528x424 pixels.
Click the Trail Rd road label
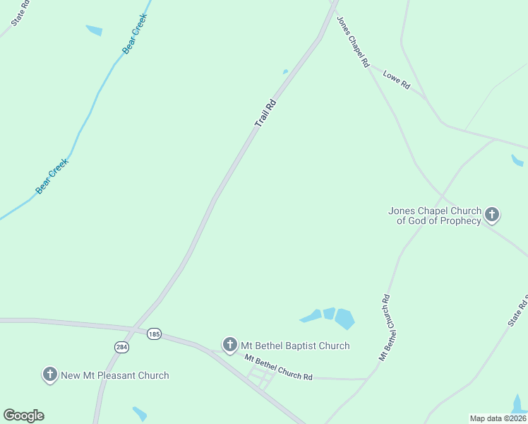click(x=265, y=114)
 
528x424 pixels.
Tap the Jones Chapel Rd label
click(x=353, y=42)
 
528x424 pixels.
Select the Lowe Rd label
click(x=396, y=79)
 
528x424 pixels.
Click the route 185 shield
click(x=154, y=333)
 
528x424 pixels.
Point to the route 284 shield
click(x=121, y=347)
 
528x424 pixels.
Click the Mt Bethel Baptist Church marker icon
click(x=229, y=345)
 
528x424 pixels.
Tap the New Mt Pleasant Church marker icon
click(x=49, y=375)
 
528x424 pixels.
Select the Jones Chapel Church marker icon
click(x=492, y=214)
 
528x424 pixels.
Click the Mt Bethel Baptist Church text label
click(x=295, y=346)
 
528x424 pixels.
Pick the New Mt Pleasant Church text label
click(x=115, y=375)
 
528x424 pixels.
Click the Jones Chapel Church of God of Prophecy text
click(x=435, y=216)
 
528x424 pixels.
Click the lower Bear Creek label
click(x=52, y=177)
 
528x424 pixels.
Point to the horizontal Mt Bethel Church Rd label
click(x=278, y=367)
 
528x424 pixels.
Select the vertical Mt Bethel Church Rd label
click(x=385, y=327)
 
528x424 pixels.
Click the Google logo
click(x=23, y=416)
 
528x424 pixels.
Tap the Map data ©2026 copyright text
click(x=498, y=418)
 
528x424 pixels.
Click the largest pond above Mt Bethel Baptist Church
click(x=344, y=319)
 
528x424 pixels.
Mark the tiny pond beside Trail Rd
click(x=285, y=71)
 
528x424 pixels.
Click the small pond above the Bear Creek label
click(x=94, y=30)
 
